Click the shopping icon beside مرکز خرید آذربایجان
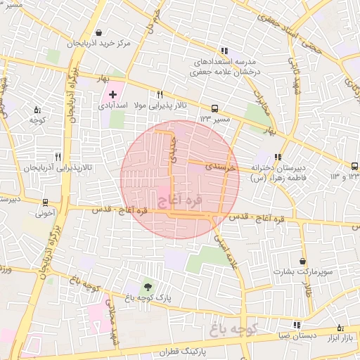98,32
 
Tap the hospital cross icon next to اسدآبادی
112,94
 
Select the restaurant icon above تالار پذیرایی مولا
160,94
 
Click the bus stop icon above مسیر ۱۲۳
214,108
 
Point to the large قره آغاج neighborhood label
178,202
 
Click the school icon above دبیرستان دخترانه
278,157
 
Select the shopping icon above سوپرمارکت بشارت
303,261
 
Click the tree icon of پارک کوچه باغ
147,285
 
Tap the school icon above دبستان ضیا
297,325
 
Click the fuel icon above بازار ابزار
341,328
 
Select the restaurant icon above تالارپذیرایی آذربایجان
58,157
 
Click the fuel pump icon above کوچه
37,110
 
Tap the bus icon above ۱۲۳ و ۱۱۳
355,167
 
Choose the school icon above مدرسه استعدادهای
224,51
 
